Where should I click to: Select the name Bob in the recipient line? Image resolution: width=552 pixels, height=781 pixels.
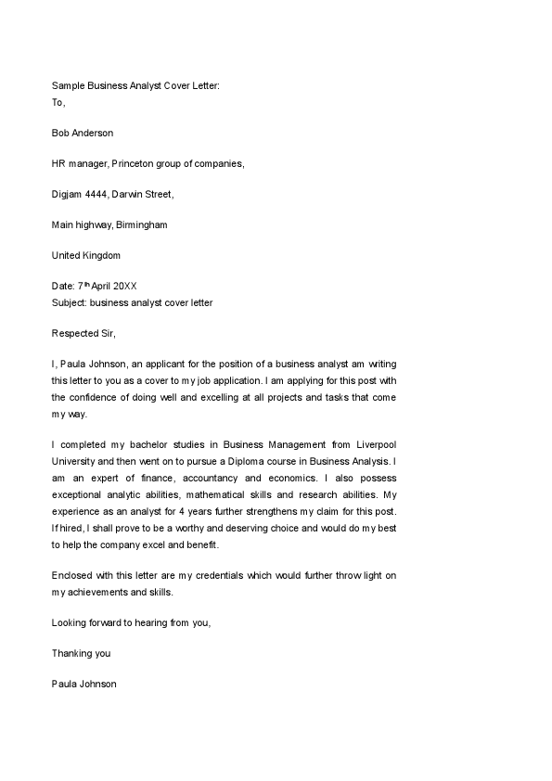61,133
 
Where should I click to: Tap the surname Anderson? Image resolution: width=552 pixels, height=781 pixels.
96,133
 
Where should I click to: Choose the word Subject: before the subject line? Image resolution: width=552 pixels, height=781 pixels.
70,302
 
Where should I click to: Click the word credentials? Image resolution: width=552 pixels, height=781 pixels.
236,575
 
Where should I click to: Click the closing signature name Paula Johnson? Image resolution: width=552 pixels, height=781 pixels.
84,685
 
